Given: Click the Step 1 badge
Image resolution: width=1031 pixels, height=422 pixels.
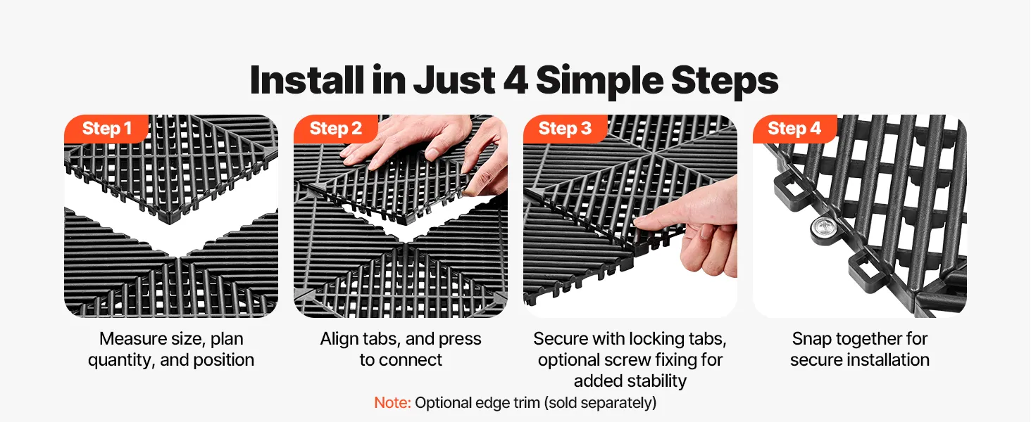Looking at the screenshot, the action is point(106,128).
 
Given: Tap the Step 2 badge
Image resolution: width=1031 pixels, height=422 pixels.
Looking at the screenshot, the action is point(335,128).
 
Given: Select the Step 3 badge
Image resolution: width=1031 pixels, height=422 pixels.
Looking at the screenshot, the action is point(565,128).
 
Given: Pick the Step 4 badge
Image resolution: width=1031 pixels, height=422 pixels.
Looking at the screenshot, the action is point(794,128).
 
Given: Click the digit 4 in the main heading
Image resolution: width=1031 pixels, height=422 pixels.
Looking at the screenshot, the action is point(516,80).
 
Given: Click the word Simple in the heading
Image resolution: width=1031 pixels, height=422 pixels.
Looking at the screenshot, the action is point(600,82).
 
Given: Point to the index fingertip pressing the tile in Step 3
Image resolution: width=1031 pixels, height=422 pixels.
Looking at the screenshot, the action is point(640,221).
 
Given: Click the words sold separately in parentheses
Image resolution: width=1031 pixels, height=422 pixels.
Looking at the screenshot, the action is point(600,403).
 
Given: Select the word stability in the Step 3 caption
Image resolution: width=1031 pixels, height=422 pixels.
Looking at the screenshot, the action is point(658,381).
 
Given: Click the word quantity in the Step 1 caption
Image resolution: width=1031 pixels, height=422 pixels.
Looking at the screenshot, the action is point(121,360).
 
